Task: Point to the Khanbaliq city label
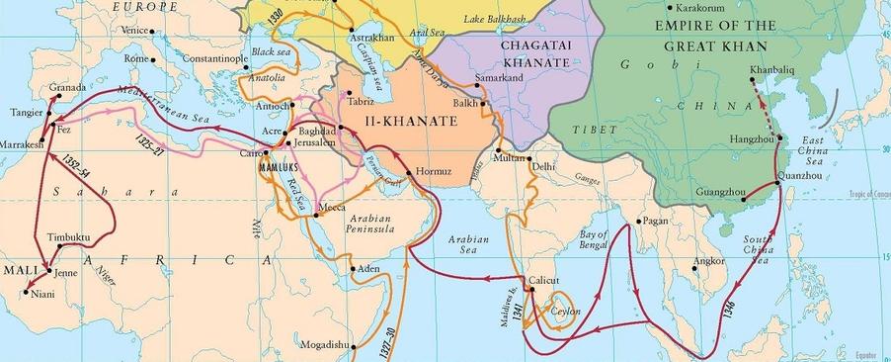point(770,69)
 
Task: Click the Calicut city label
point(543,280)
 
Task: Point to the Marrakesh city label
point(22,144)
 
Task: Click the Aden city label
point(368,268)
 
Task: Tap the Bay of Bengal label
point(595,239)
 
